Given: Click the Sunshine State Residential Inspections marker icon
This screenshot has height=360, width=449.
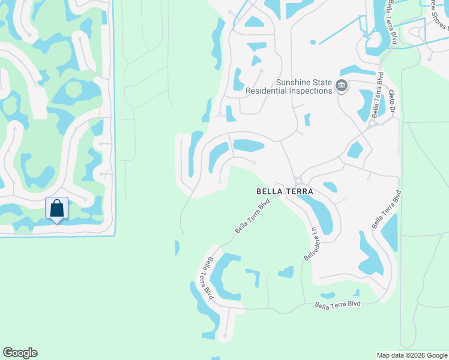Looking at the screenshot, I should [342, 86].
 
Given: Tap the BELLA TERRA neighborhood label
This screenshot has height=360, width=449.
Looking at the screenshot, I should [285, 191].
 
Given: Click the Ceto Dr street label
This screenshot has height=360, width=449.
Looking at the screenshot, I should [393, 101].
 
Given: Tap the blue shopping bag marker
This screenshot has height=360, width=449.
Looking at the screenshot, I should [57, 209].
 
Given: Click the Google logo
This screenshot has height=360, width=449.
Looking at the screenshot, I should [20, 353].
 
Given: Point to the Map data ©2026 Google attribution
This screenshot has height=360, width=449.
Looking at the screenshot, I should [412, 355].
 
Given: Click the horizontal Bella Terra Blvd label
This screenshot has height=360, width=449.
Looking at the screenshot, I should [338, 305].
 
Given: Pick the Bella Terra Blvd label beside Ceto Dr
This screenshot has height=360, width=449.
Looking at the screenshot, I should [378, 95].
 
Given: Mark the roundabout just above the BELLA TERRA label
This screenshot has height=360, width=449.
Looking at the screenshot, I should [298, 181].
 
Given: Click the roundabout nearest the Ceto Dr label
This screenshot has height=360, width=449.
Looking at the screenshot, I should [372, 123].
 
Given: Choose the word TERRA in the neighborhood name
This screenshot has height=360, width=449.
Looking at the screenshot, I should [298, 191].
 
